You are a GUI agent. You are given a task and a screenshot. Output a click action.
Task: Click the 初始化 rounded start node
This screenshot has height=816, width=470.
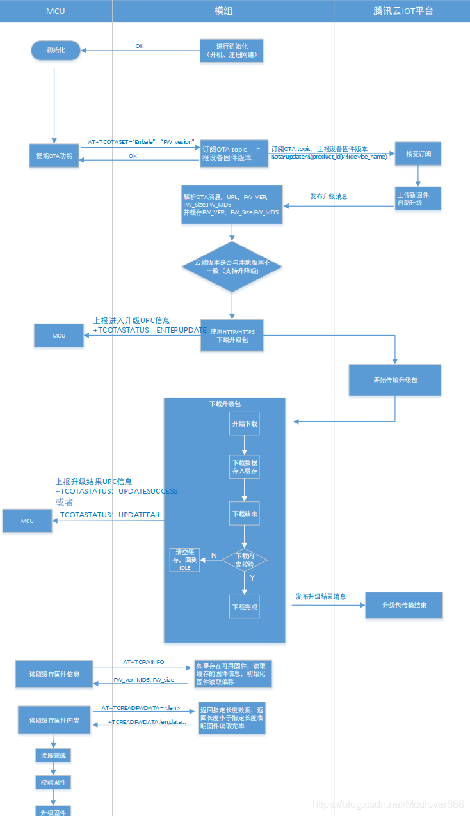[55, 51]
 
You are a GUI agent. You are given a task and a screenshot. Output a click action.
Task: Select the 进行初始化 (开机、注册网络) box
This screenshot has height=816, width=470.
[231, 51]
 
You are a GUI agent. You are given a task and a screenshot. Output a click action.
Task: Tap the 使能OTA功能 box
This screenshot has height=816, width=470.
[54, 155]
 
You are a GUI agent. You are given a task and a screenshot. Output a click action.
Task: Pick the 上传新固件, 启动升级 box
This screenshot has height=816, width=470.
[417, 199]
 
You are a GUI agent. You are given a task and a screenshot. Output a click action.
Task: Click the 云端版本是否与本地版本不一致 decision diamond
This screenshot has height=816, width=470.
[232, 267]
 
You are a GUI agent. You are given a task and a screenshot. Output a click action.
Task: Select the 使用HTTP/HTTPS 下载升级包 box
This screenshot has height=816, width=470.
[232, 335]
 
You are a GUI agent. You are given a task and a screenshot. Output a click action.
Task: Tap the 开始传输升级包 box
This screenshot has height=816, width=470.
[395, 380]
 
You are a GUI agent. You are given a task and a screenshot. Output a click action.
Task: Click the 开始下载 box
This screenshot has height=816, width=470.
[245, 424]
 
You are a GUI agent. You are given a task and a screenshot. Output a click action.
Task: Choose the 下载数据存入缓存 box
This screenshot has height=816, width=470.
[245, 467]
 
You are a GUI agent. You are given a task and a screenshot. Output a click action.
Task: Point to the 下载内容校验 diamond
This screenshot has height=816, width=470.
[245, 560]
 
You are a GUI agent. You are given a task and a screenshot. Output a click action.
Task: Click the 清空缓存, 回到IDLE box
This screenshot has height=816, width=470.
[184, 560]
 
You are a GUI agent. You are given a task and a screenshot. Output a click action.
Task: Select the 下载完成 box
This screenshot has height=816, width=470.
[245, 607]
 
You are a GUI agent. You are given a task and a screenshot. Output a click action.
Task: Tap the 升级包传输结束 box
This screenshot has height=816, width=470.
[403, 605]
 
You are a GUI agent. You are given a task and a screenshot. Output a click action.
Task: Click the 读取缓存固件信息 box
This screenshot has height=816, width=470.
[54, 674]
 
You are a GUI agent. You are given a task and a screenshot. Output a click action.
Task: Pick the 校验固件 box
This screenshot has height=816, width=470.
[53, 783]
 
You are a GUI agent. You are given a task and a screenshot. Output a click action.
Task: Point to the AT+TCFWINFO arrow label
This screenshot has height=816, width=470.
[143, 662]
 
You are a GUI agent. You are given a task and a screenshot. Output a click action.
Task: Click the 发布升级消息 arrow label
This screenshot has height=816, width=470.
[328, 196]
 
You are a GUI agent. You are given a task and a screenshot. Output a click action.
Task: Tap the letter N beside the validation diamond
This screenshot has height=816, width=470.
[214, 555]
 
